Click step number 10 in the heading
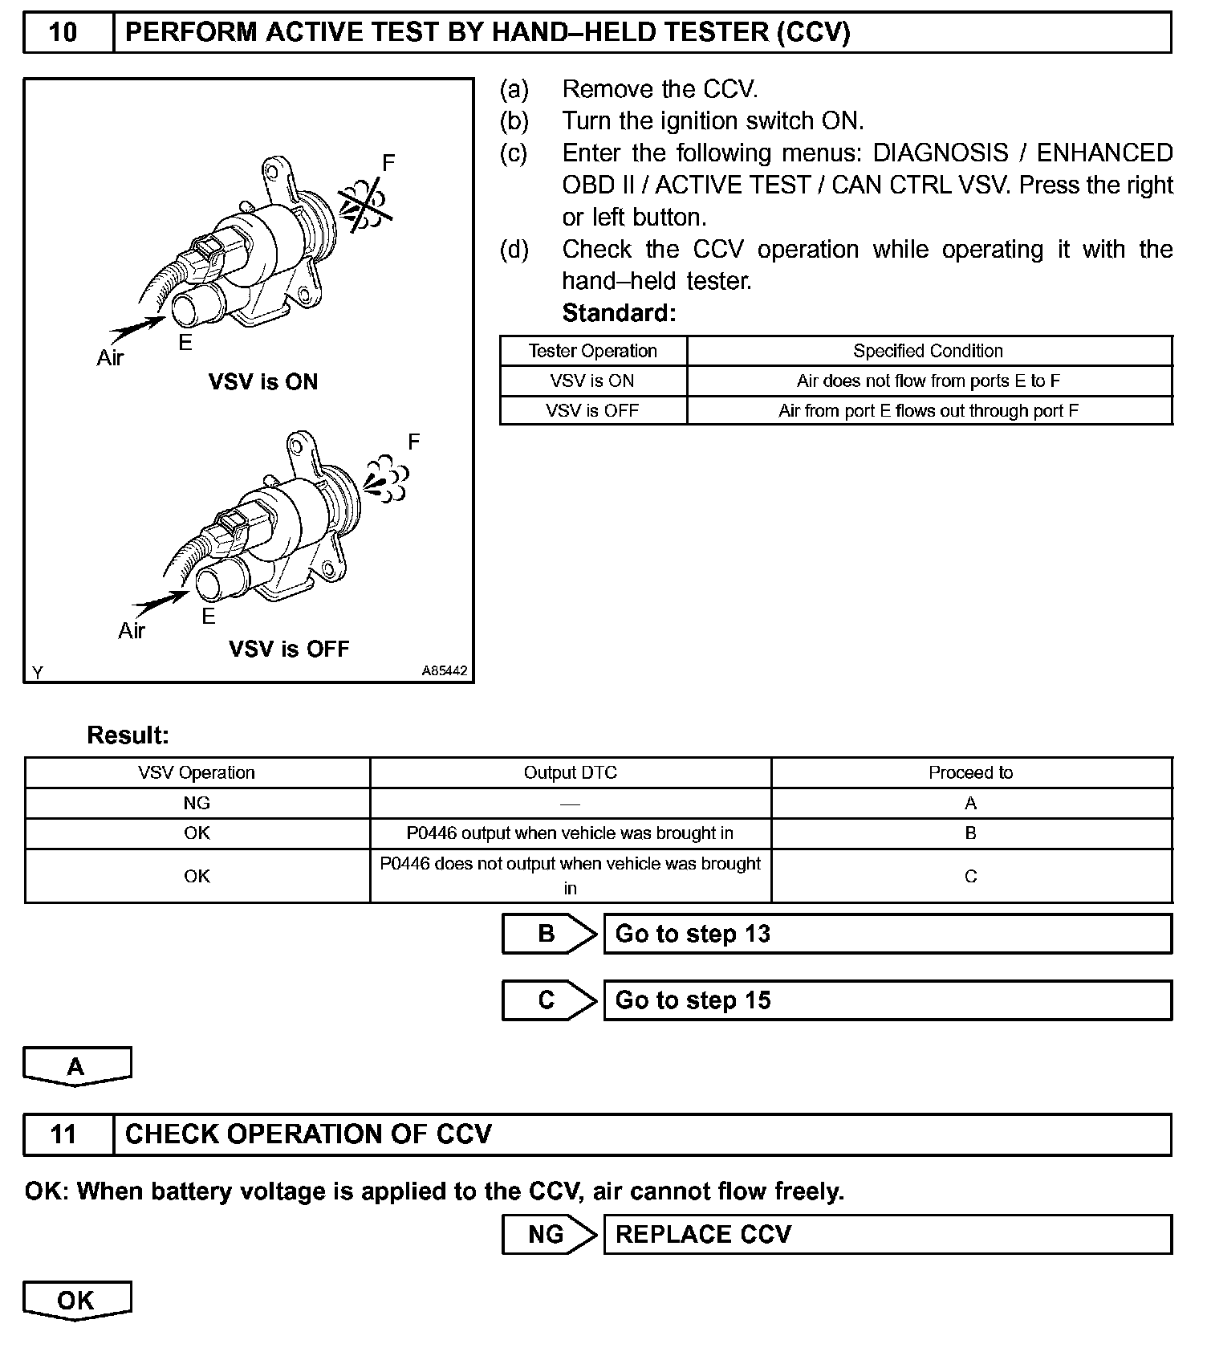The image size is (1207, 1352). click(63, 33)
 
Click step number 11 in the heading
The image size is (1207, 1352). click(63, 1134)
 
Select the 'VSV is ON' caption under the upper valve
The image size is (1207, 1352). click(263, 382)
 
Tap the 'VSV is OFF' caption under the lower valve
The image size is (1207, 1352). click(289, 649)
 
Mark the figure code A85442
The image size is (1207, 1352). click(445, 671)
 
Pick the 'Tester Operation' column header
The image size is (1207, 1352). click(592, 352)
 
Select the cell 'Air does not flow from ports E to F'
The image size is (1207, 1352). click(929, 381)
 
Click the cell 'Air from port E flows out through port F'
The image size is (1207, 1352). click(929, 411)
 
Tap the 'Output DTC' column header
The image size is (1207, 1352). click(570, 773)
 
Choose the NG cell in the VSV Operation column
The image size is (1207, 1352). click(197, 804)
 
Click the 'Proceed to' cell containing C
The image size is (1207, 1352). click(970, 877)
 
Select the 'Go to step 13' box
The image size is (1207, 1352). click(887, 935)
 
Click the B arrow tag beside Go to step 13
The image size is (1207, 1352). click(549, 935)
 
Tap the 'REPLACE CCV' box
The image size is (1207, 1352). click(887, 1235)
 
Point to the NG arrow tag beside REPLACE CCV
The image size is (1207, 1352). click(549, 1235)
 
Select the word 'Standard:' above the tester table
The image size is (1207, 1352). click(619, 313)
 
